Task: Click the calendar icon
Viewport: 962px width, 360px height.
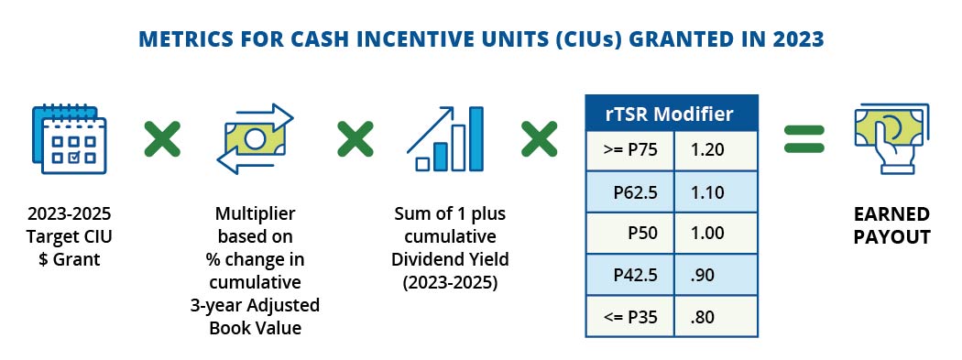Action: pyautogui.click(x=70, y=139)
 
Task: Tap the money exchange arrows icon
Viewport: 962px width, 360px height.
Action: pyautogui.click(x=257, y=139)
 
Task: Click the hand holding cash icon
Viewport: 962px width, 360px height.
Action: pyautogui.click(x=888, y=139)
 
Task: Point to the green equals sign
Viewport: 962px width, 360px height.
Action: pyautogui.click(x=803, y=138)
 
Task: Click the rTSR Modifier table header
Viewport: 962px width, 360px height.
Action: pyautogui.click(x=672, y=115)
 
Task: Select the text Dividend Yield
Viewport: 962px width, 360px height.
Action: pyautogui.click(x=449, y=261)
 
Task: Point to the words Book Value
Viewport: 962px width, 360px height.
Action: pyautogui.click(x=257, y=326)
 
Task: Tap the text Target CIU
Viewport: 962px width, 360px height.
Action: pyautogui.click(x=71, y=237)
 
